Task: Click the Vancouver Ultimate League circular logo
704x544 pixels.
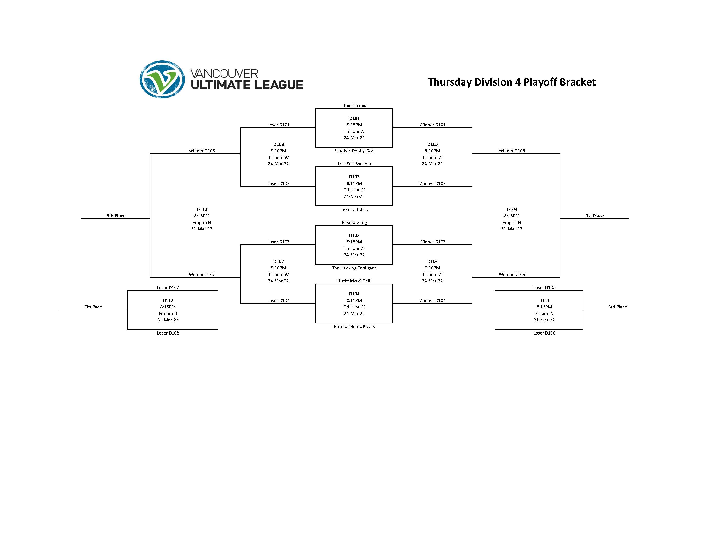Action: [162, 79]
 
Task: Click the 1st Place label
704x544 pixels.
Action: [594, 216]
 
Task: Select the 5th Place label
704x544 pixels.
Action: [116, 216]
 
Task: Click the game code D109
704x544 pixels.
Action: [512, 209]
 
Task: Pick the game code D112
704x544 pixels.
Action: [168, 300]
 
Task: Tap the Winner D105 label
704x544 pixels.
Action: [512, 151]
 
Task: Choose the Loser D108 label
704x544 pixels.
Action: [168, 333]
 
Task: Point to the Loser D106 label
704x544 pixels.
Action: [544, 333]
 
